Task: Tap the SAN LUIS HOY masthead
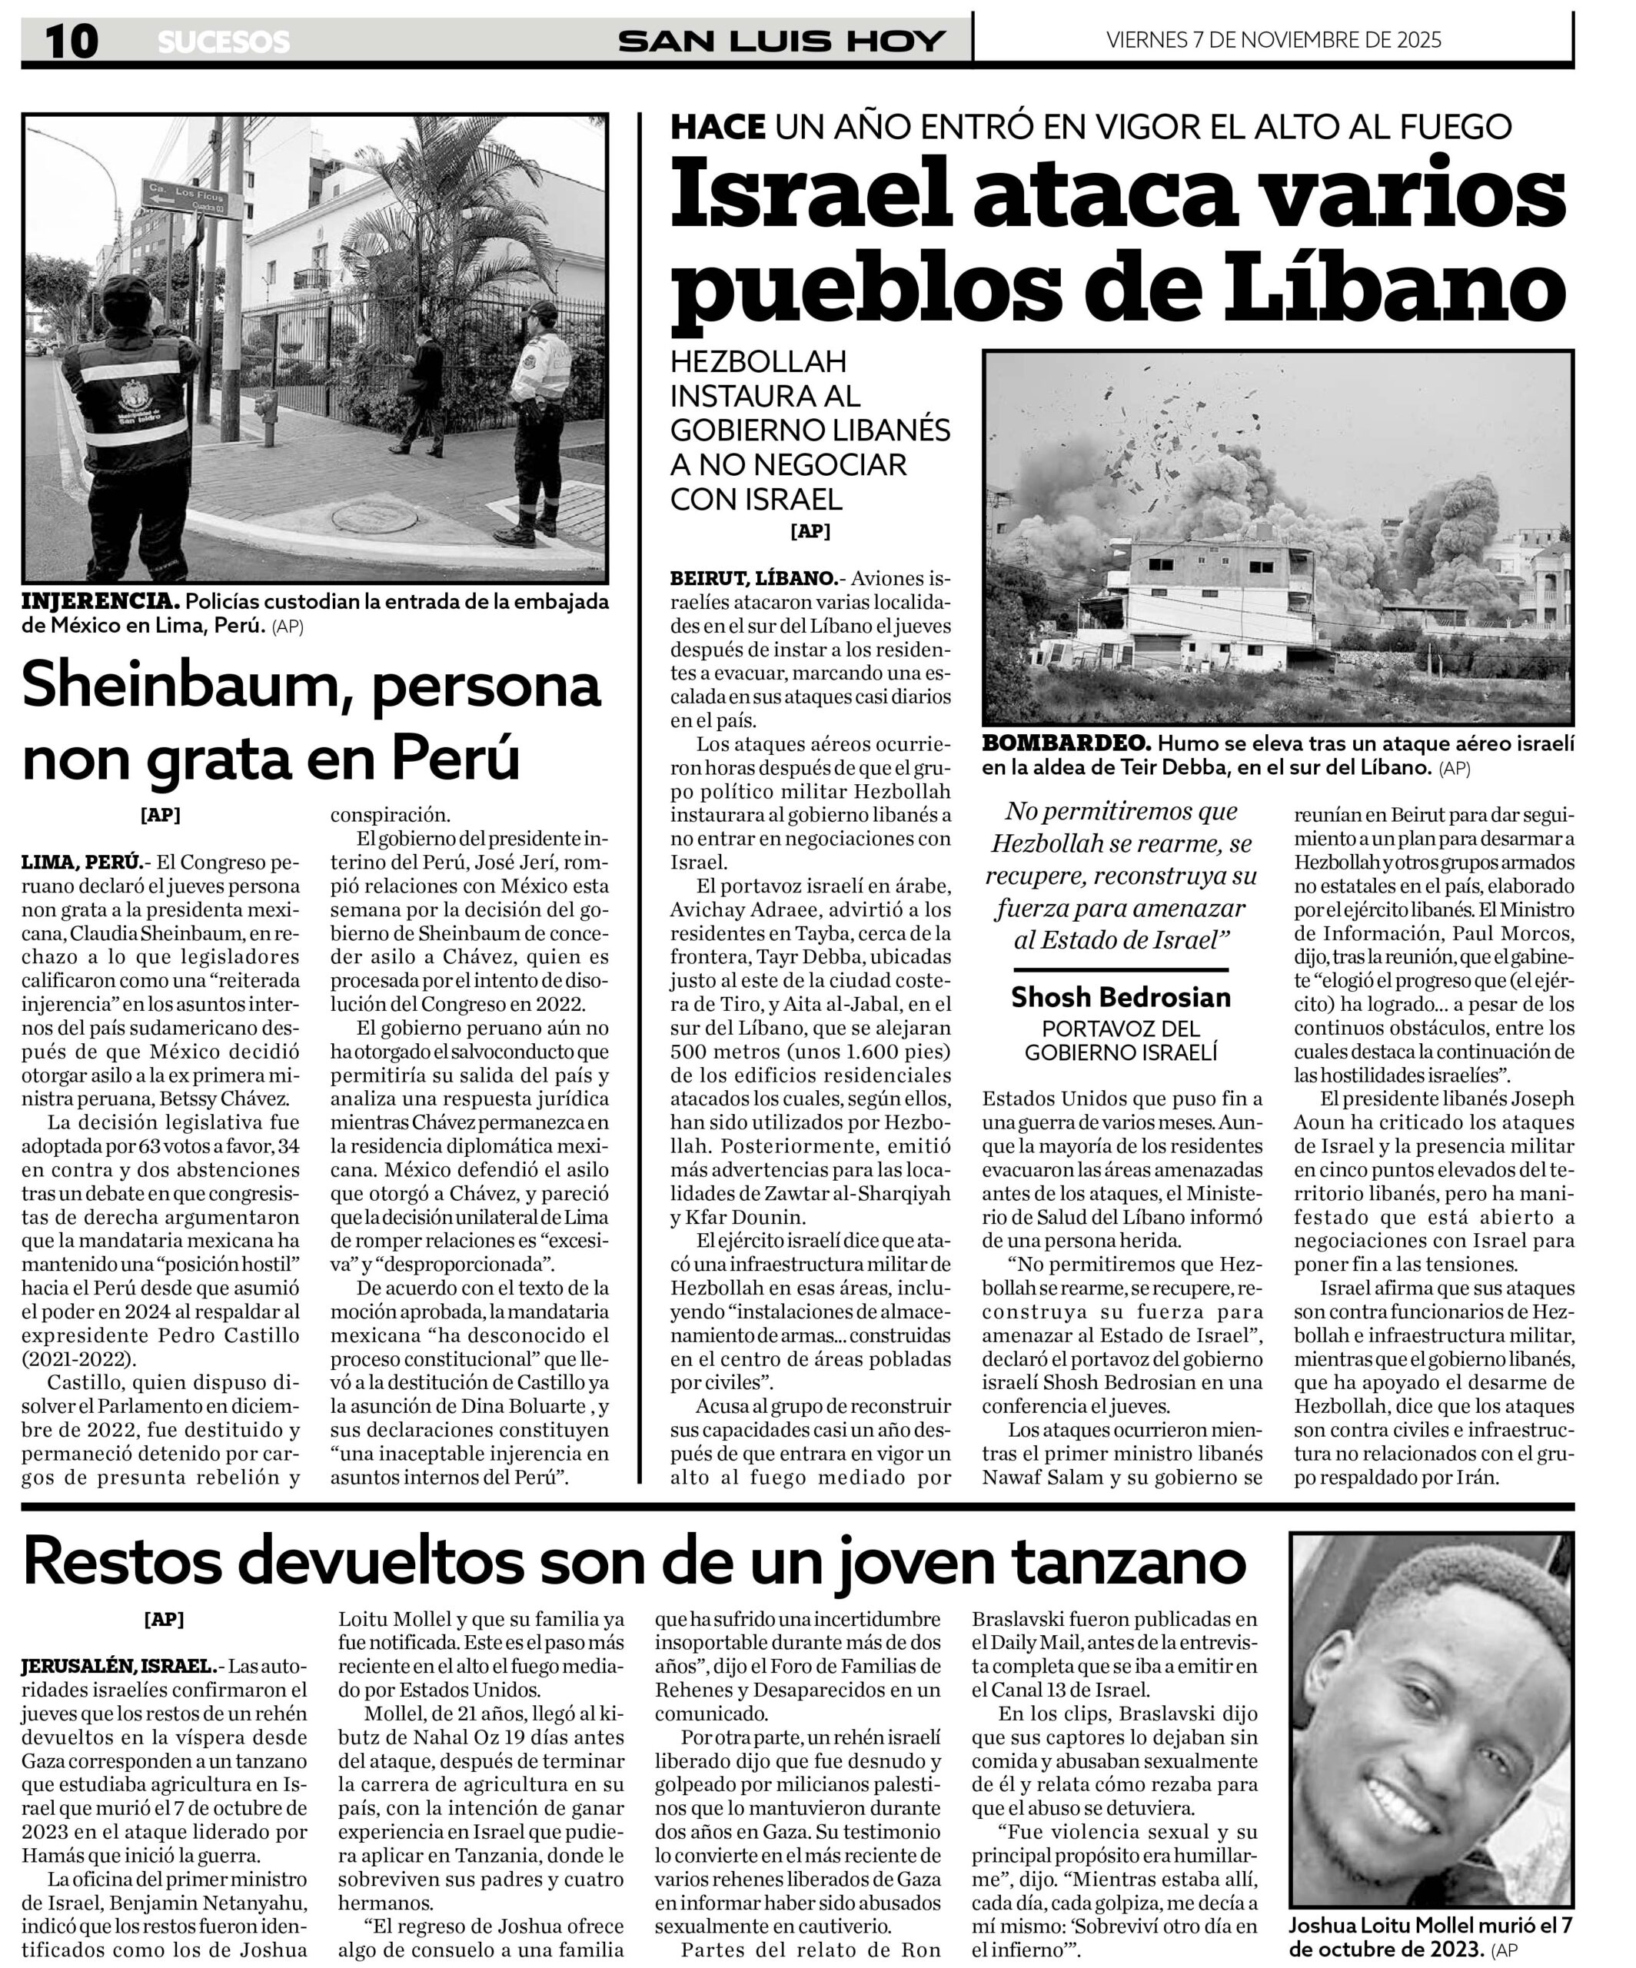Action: [781, 42]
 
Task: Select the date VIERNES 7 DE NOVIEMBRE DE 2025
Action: [1273, 40]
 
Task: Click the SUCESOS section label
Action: [223, 42]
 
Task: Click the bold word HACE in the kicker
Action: [718, 127]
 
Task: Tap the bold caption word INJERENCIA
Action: [100, 602]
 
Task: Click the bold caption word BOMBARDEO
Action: [1066, 743]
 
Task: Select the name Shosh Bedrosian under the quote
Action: [1121, 996]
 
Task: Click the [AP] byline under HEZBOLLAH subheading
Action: [810, 531]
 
